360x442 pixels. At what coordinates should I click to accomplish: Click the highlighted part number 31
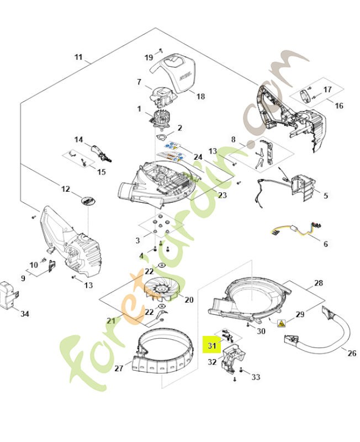click(x=210, y=345)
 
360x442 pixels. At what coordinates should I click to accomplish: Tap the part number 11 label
click(x=78, y=57)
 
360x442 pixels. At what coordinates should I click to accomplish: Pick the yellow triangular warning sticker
click(x=282, y=323)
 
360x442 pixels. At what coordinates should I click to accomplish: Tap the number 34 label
click(x=24, y=314)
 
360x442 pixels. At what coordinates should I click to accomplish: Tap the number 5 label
click(x=325, y=195)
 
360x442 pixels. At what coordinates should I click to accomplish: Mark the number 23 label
click(x=207, y=195)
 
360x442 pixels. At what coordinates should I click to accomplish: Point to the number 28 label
click(x=318, y=283)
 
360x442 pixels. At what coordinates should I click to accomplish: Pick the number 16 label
click(x=339, y=106)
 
